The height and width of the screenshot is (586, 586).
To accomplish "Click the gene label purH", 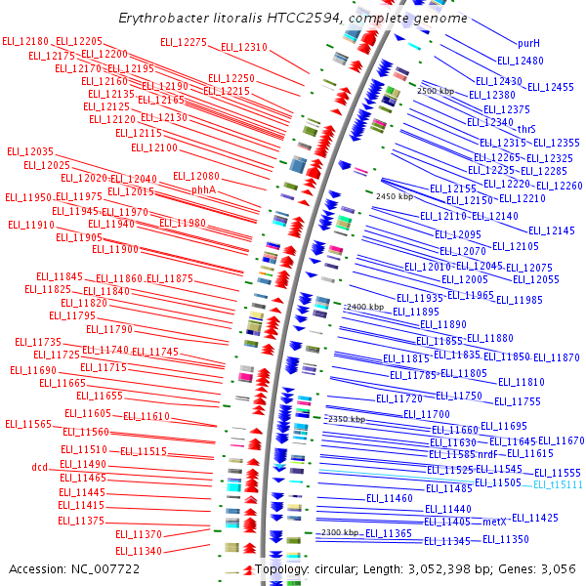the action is tap(528, 43).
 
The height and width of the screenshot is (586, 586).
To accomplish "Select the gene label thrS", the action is tap(526, 129).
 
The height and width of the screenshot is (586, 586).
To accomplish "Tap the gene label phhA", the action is tap(203, 189).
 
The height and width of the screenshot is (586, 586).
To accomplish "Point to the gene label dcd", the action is tap(39, 467).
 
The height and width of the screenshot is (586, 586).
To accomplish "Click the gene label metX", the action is tap(495, 523).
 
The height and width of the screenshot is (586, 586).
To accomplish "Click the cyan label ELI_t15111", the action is tap(558, 484).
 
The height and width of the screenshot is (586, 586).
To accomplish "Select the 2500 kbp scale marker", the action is tap(436, 91).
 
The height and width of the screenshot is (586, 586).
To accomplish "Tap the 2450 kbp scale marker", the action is tap(395, 196).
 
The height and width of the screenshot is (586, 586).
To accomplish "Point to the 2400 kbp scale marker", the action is tap(365, 307).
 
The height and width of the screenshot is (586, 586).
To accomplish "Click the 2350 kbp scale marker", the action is tap(346, 419).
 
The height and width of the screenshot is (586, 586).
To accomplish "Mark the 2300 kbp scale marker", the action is tap(341, 532).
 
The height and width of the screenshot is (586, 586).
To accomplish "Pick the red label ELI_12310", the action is tap(244, 47).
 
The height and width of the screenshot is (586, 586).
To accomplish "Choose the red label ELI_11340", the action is tap(139, 551).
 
